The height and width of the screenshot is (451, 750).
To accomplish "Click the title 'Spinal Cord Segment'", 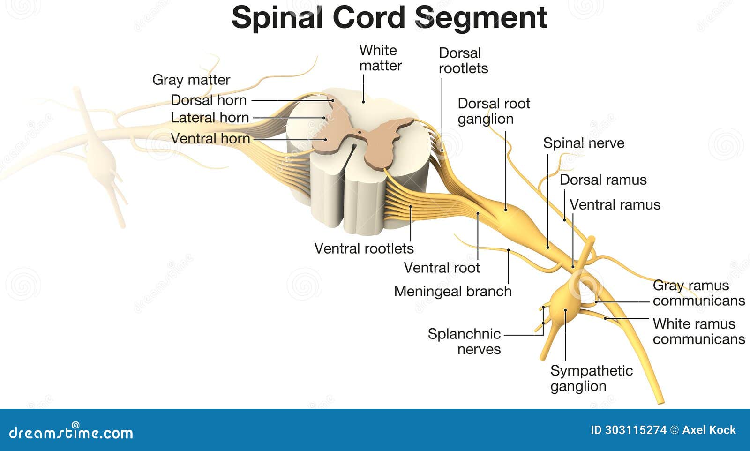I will point(389,18).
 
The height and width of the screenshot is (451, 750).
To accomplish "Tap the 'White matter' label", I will point(380,58).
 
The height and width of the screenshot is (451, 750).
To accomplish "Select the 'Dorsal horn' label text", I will point(209,100).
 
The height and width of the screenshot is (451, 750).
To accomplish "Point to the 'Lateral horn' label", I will point(210,118).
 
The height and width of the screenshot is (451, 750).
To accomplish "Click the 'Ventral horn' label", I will point(210,139).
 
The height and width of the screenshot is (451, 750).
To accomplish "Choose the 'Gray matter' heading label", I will point(191,80).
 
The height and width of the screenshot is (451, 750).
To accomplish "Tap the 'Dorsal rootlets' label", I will point(463,61).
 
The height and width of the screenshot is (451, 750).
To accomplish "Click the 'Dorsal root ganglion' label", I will point(493,111).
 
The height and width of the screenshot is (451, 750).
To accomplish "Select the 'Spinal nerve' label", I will point(584,143).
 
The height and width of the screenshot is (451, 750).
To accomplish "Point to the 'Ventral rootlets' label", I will point(364,248).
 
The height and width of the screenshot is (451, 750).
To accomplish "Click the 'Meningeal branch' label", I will point(452,292).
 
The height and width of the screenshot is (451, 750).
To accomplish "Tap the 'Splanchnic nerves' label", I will point(464,341).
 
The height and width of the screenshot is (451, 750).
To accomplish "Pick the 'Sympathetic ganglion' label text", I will point(591,378).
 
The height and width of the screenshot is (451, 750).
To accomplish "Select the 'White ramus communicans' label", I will point(698,331).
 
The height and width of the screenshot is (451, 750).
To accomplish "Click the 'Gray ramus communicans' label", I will point(698,293).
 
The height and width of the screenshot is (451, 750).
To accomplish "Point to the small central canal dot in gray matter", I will point(360,133).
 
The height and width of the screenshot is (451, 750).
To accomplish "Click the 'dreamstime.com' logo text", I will point(71,432).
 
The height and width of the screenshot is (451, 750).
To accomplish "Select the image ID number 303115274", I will point(635,430).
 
